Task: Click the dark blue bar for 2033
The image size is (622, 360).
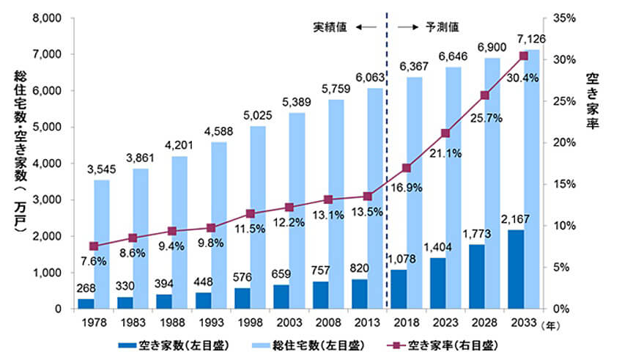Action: point(516,269)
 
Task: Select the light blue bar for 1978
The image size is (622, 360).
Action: point(102,244)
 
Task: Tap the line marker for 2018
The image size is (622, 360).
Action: point(406,168)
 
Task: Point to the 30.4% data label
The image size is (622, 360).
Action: point(522,78)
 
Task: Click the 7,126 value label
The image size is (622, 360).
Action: point(531,40)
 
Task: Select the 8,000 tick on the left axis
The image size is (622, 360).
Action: point(47,18)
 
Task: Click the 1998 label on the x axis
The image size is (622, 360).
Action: point(251,323)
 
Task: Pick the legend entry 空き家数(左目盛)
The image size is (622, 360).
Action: point(174,346)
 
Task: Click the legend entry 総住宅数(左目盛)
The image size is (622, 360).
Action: point(308,346)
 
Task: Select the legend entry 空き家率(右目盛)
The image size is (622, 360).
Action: point(443,346)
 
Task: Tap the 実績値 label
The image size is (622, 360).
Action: point(330,27)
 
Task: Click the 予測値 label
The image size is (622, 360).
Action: point(442,27)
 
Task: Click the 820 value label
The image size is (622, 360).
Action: point(360,268)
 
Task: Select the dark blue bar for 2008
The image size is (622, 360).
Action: point(320,295)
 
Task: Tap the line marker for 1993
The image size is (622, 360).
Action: point(211,228)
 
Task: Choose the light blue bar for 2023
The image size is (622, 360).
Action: point(453,188)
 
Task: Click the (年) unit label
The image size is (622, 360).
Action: point(550,326)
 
